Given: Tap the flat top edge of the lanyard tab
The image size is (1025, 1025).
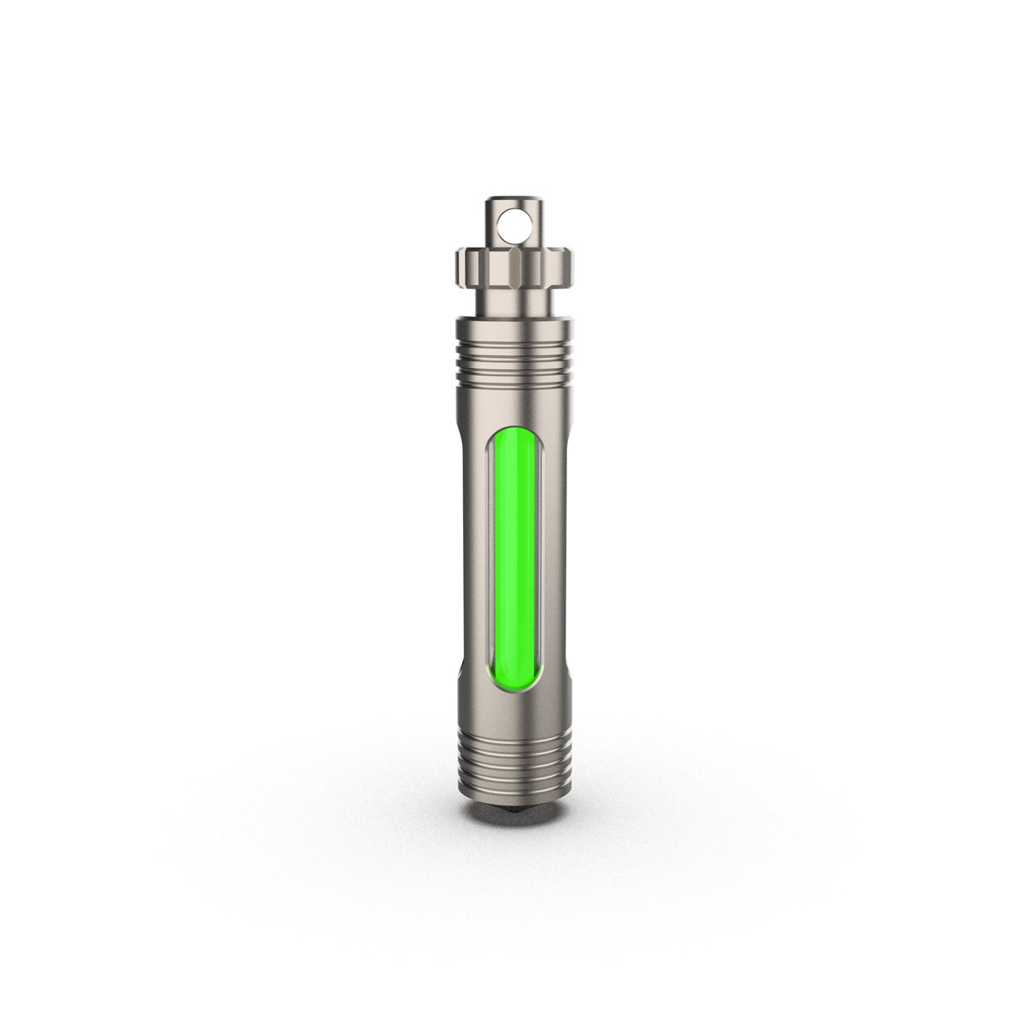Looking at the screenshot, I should click(x=515, y=201).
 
